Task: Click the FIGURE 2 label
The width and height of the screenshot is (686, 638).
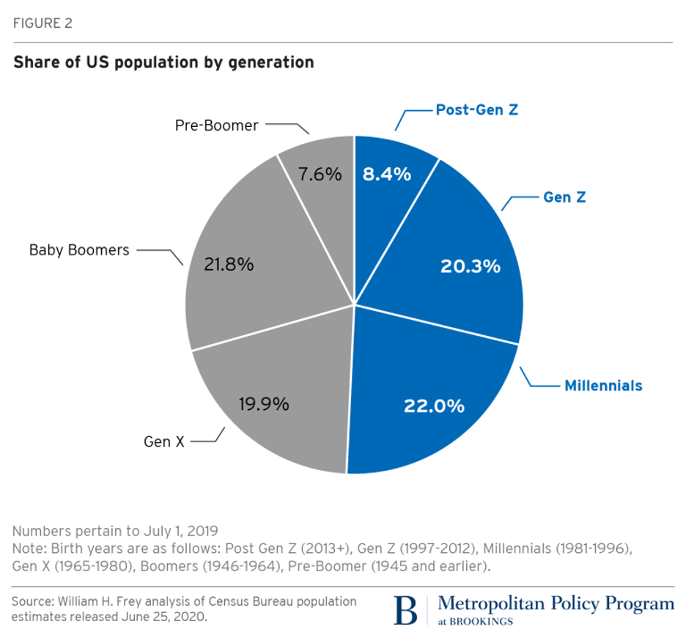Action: click(x=42, y=23)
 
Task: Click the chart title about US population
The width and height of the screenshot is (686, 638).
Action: click(x=163, y=62)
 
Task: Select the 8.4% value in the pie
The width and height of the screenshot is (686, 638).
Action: click(x=386, y=175)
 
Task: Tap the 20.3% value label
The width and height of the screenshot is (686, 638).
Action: click(x=470, y=266)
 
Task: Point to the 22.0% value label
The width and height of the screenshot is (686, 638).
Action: click(x=434, y=406)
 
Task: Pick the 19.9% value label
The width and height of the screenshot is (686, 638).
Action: click(x=264, y=403)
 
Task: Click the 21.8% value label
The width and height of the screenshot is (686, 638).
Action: click(x=229, y=265)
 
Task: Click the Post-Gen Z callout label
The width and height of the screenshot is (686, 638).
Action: click(x=477, y=110)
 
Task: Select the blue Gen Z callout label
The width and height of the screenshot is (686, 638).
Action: click(x=564, y=197)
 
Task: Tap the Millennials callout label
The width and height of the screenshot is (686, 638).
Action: click(x=602, y=385)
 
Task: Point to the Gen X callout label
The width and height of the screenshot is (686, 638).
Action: click(x=163, y=441)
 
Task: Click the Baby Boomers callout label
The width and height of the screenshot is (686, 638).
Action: click(x=79, y=250)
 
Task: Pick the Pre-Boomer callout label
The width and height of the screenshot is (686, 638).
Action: click(x=216, y=125)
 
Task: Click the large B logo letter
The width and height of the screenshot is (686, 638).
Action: click(x=406, y=610)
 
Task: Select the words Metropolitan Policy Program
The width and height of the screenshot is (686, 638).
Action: click(x=556, y=604)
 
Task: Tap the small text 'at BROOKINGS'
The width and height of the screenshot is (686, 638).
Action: click(x=475, y=622)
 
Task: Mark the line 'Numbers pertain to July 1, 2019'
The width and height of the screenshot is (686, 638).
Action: click(x=115, y=530)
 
